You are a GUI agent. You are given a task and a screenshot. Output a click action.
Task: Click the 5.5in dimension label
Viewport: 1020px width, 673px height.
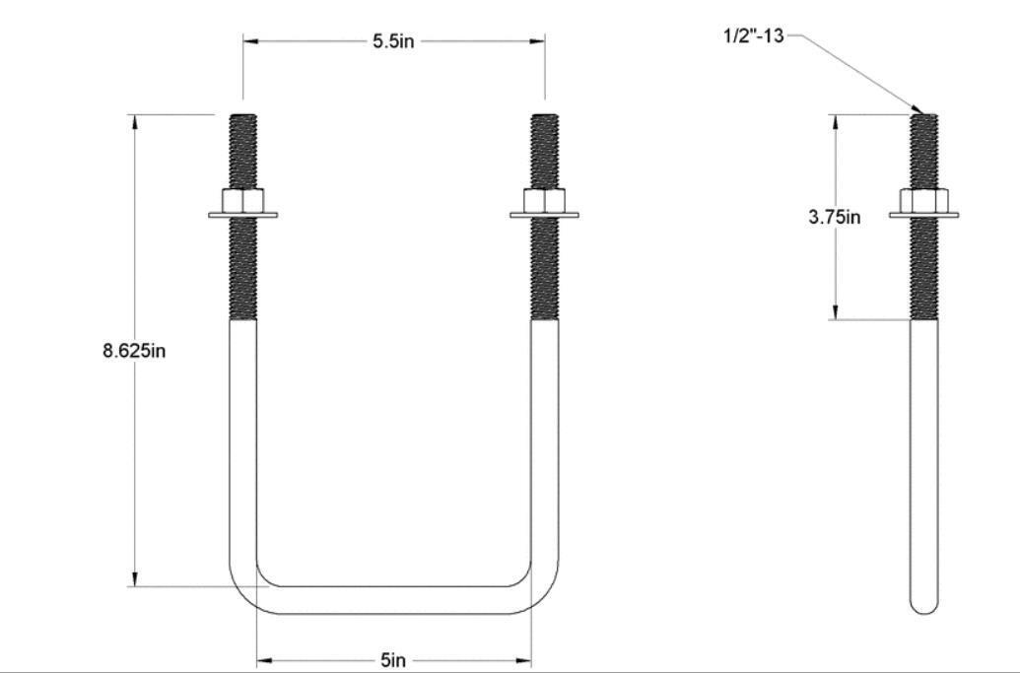pos(393,42)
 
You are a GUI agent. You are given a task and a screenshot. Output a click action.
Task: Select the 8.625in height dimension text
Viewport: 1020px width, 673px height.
pos(134,351)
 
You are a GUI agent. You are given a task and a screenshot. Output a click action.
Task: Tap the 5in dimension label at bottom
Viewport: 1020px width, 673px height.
pos(393,660)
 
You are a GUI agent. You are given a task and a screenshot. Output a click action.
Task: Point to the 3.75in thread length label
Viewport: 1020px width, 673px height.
pos(835,218)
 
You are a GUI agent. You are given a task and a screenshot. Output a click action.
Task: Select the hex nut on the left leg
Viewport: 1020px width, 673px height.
pos(243,201)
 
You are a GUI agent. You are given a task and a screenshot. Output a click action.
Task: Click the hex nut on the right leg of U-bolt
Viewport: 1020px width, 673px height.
pos(545,201)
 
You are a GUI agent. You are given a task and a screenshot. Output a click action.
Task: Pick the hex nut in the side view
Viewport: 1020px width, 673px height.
pos(924,201)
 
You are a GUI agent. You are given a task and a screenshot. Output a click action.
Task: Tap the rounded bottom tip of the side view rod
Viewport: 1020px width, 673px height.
pos(924,604)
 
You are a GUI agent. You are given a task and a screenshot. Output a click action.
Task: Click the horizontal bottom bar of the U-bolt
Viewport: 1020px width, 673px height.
pos(394,600)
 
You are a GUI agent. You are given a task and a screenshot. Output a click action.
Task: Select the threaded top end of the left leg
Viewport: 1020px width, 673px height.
pos(243,148)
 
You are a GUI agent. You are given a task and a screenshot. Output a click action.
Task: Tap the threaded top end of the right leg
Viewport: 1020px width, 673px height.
pos(545,148)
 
